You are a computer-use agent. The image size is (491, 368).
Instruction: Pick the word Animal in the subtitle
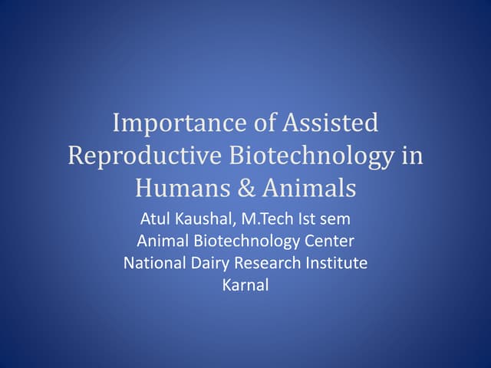[x=161, y=242]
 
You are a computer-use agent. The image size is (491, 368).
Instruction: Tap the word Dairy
[x=209, y=264]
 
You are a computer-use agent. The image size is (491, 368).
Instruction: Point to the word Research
[x=265, y=263]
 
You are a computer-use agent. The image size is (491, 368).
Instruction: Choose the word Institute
[x=334, y=263]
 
